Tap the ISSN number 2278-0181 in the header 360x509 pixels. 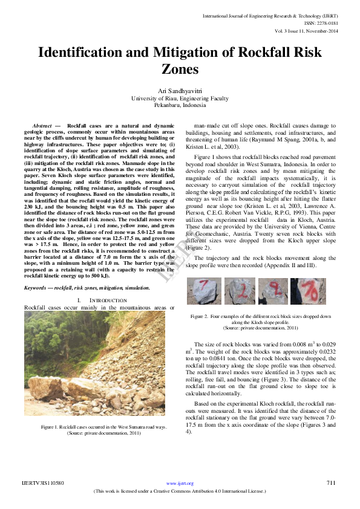[x=329, y=22]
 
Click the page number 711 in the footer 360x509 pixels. [x=330, y=482]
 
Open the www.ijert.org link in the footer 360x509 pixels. [x=180, y=483]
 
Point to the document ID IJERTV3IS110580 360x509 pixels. [x=43, y=483]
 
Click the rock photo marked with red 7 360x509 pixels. [x=204, y=291]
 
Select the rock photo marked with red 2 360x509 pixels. [x=240, y=291]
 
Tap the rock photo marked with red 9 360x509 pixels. [x=273, y=291]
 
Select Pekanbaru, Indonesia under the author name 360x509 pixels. [x=180, y=105]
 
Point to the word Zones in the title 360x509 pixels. [x=180, y=70]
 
